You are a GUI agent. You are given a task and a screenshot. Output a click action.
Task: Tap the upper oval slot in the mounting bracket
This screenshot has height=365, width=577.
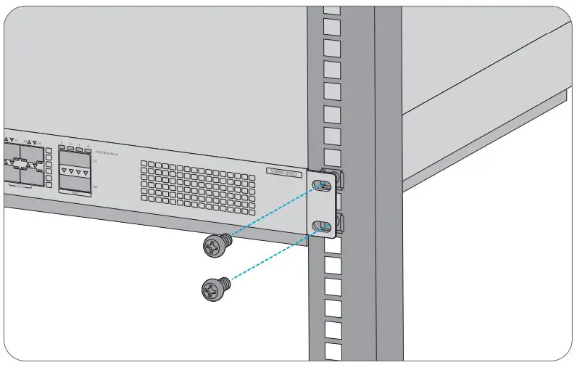[x=322, y=185]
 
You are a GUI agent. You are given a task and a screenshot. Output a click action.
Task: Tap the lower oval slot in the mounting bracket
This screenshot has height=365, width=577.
[x=321, y=226]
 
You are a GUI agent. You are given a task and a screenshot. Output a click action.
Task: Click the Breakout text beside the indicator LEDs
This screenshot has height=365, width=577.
[x=106, y=153]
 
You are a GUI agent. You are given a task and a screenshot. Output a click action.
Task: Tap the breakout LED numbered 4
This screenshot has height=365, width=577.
[x=87, y=148]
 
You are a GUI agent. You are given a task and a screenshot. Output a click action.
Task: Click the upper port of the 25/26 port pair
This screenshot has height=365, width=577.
[x=75, y=160]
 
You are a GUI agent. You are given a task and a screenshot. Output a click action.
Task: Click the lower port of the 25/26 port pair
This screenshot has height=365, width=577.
[x=75, y=181]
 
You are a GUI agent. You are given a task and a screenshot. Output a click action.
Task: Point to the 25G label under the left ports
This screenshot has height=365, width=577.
[x=20, y=186]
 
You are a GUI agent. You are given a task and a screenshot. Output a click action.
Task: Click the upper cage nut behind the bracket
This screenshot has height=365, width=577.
[x=338, y=179]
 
